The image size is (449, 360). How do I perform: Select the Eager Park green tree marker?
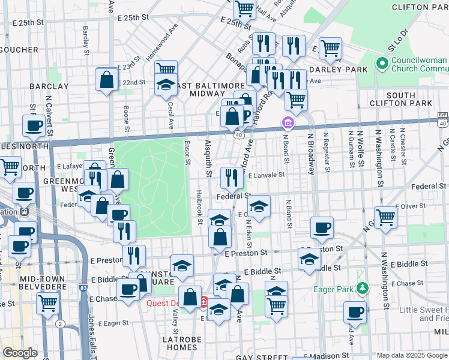pos(361,289)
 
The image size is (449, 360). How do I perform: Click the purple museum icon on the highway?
pos(288,124)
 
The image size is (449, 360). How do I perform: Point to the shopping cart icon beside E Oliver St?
pos(385,217)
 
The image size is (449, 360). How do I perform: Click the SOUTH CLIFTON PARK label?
pos(409,100)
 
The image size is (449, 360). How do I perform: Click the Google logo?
pos(20,353)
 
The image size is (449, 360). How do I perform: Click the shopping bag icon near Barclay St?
pos(106,80)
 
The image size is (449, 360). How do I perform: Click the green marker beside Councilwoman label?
pos(381,63)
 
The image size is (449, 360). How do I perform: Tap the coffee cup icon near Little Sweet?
pos(355,312)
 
